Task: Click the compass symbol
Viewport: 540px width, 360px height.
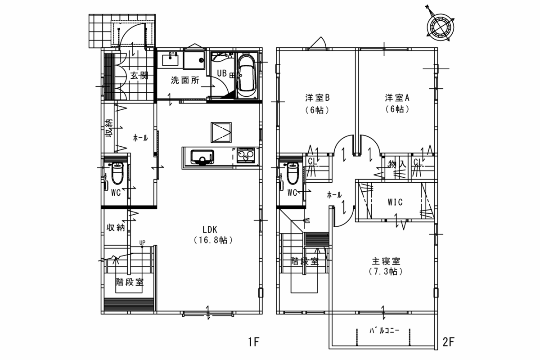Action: [x=440, y=27]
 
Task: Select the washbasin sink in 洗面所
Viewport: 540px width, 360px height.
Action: [x=170, y=59]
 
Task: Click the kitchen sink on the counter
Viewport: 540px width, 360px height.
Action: [x=202, y=157]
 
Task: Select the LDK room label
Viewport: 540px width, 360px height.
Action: [x=210, y=229]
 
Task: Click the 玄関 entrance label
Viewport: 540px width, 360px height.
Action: [x=139, y=76]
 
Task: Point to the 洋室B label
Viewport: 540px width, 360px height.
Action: [x=317, y=98]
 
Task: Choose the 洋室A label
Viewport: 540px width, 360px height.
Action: [x=397, y=98]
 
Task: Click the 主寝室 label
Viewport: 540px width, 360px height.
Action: [x=386, y=261]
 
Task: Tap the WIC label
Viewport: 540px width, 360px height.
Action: [x=395, y=202]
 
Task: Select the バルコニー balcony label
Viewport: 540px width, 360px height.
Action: [x=384, y=330]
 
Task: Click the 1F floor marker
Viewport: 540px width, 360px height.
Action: [x=254, y=342]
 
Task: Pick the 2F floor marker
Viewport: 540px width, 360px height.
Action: [x=448, y=342]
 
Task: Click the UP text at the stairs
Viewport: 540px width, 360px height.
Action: [x=142, y=243]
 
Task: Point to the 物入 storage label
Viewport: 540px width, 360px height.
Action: [x=397, y=164]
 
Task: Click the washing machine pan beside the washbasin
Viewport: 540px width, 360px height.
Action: [x=194, y=59]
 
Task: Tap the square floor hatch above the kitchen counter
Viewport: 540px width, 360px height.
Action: [x=221, y=132]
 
